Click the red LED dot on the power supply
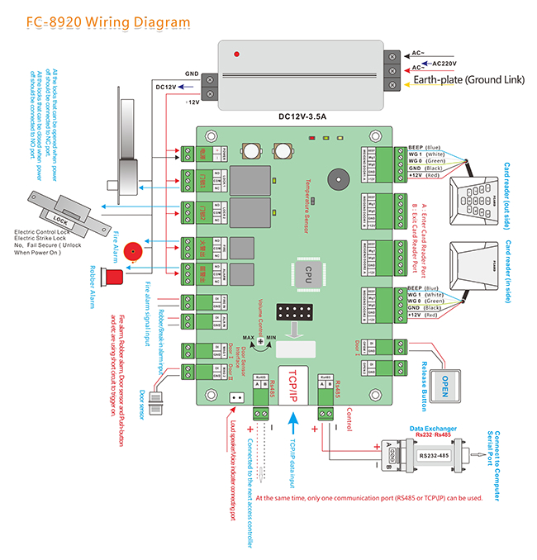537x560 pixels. pos(237,55)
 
